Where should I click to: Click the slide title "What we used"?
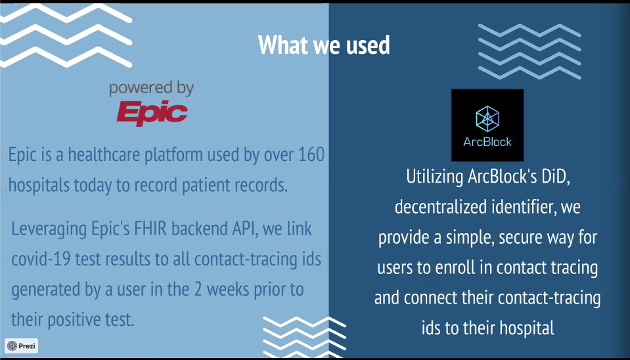pyautogui.click(x=324, y=45)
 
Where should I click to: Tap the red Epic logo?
pyautogui.click(x=152, y=112)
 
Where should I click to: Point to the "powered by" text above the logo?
pyautogui.click(x=152, y=89)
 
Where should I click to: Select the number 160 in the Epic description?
pyautogui.click(x=311, y=154)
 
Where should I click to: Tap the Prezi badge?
pyautogui.click(x=22, y=346)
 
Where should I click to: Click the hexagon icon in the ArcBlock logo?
pyautogui.click(x=487, y=118)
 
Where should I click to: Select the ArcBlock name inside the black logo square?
pyautogui.click(x=487, y=141)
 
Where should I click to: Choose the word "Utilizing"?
pyautogui.click(x=435, y=177)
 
